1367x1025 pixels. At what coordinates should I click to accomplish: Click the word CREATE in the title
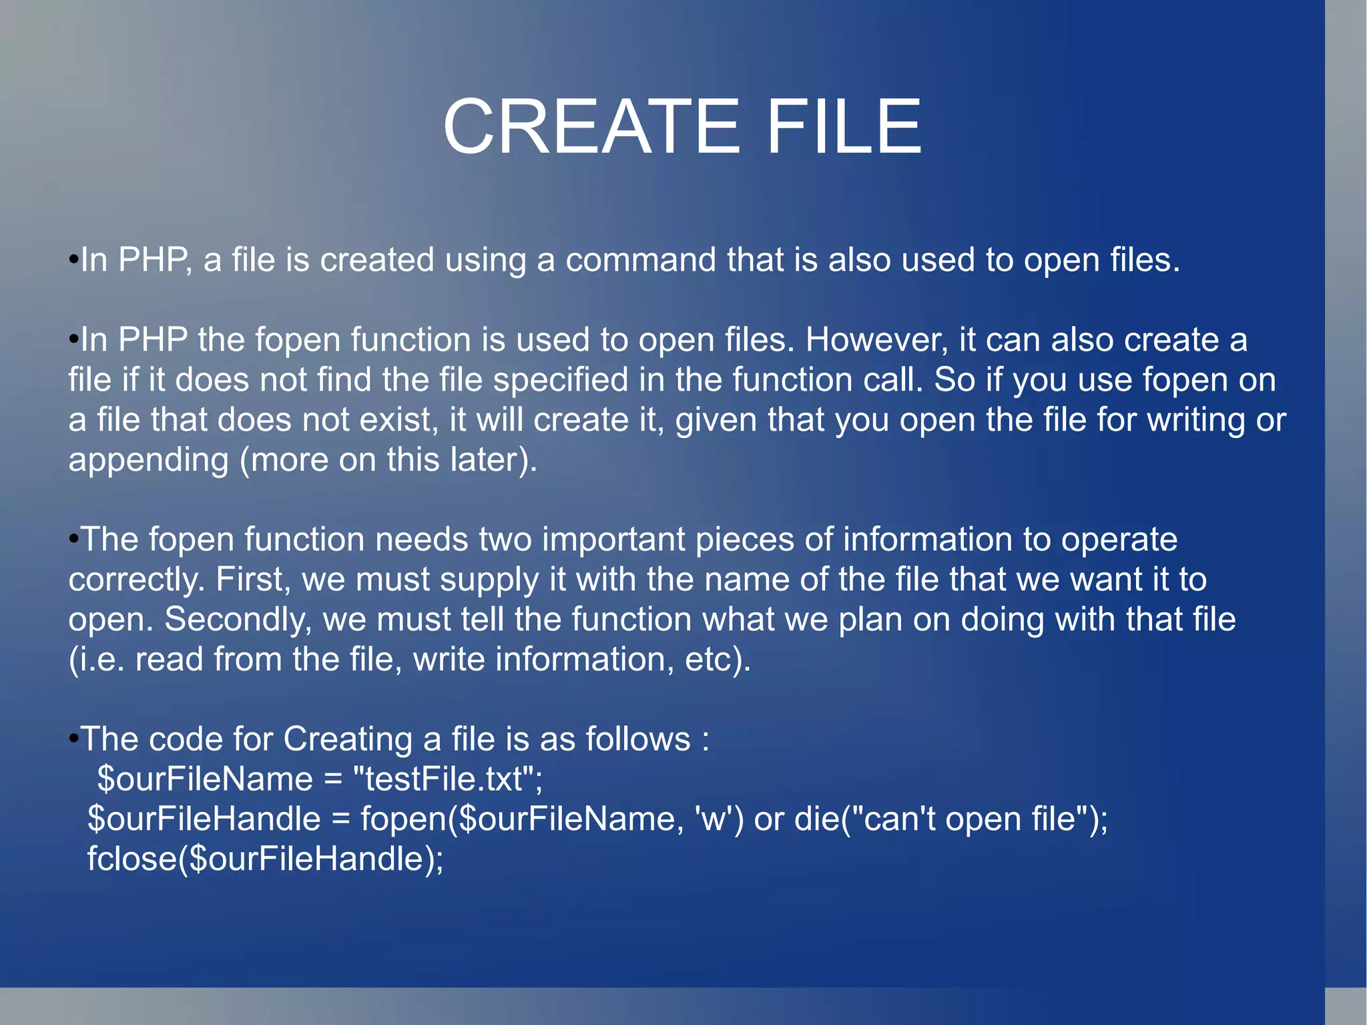(x=591, y=126)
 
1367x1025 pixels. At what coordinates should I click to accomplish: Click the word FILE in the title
(x=844, y=126)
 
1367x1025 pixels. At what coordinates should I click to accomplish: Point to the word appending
(x=148, y=461)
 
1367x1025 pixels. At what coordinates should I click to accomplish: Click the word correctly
(x=135, y=580)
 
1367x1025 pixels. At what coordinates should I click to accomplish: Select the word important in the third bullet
(x=613, y=540)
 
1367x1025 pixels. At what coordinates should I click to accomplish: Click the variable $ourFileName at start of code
(x=205, y=779)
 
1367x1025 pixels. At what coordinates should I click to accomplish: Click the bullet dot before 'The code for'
(x=73, y=739)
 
